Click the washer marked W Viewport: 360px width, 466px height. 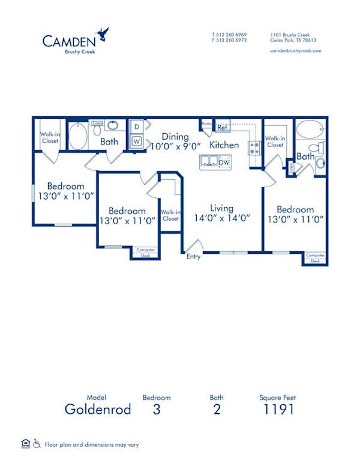coord(136,142)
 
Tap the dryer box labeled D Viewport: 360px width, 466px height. coord(136,127)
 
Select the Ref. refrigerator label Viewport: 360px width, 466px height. coord(222,127)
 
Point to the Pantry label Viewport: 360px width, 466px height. coord(207,124)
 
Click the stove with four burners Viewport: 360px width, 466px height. coord(254,148)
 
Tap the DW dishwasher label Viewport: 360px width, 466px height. coord(224,163)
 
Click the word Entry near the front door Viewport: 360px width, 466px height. coord(193,257)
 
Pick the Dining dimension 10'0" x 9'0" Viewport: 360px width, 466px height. coord(175,146)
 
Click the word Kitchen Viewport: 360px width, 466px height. coord(224,145)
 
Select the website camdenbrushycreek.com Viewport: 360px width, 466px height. coord(296,51)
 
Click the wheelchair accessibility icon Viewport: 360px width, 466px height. coord(37,444)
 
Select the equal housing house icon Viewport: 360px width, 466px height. coord(25,444)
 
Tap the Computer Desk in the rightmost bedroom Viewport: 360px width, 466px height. coord(315,258)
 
